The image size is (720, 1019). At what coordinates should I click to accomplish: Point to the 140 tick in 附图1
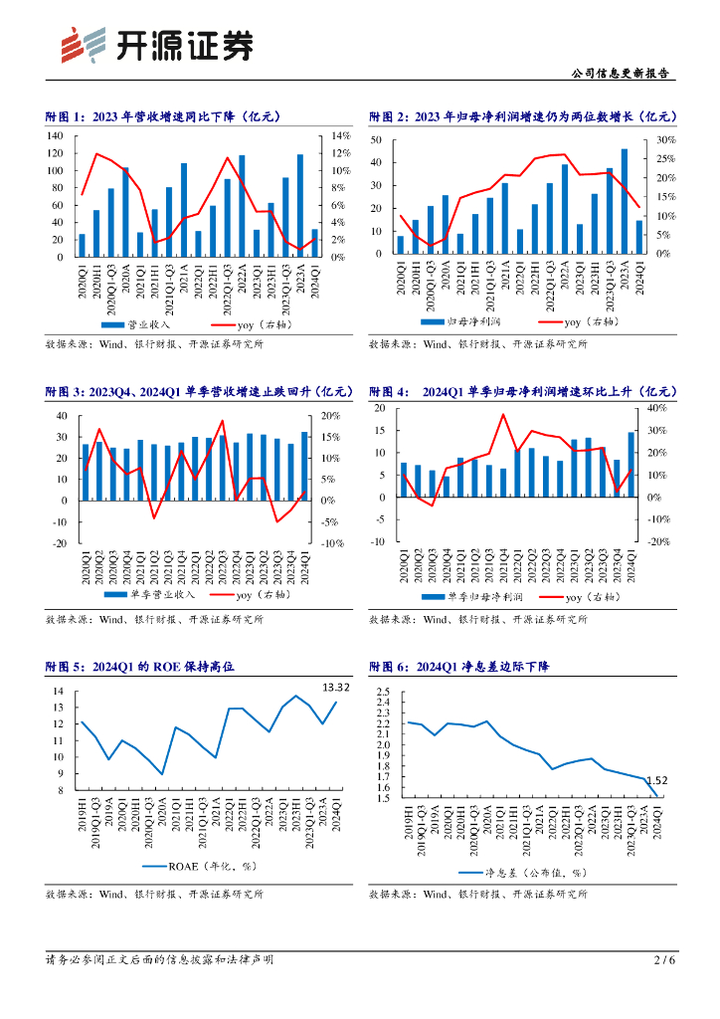coord(56,135)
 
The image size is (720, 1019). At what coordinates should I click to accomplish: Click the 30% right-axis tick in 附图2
coord(665,140)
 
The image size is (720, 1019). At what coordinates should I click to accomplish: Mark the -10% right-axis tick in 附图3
coord(332,544)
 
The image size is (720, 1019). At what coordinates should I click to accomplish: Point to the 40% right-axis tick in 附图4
coord(657,408)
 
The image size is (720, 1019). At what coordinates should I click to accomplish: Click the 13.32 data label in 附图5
coord(335,687)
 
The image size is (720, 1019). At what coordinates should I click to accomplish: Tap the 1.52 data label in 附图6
coord(656,782)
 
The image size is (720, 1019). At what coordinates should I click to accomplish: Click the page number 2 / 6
coord(664,960)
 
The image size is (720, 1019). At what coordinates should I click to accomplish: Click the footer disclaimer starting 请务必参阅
coord(159,960)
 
